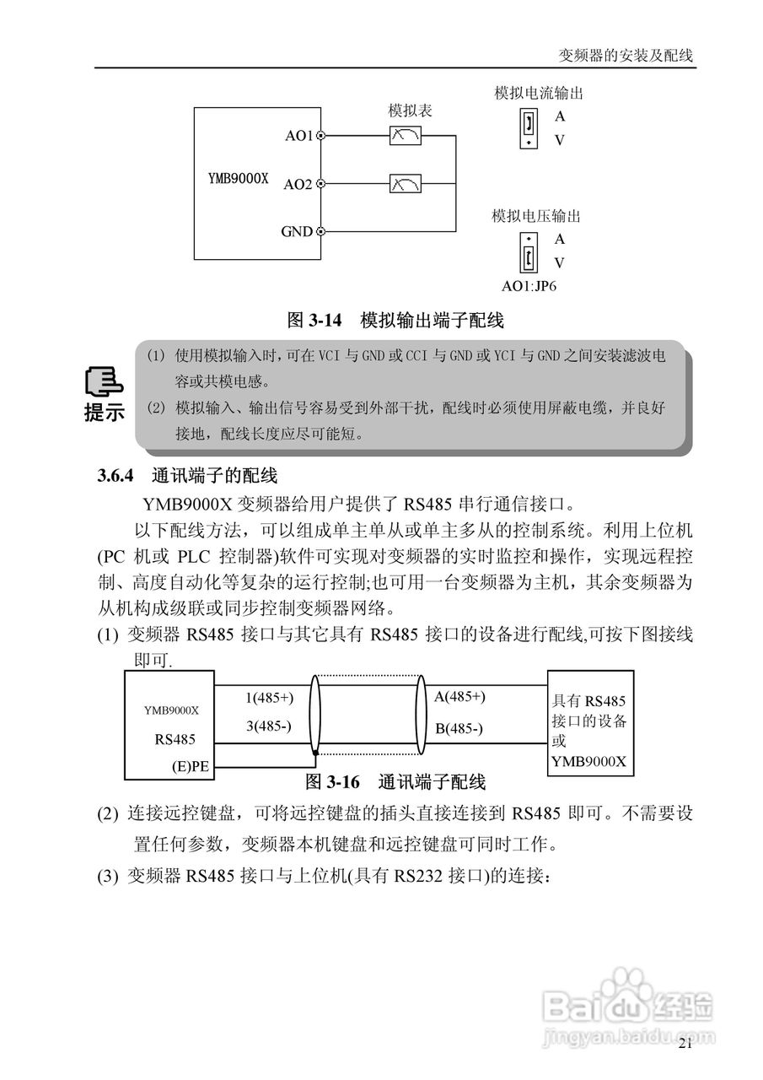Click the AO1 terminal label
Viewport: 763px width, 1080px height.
[x=298, y=135]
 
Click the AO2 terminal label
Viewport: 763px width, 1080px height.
[x=298, y=183]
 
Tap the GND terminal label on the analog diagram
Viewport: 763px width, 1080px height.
[x=297, y=231]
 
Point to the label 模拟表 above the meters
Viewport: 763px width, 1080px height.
[x=411, y=111]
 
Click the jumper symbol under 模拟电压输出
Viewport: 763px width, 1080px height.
[x=528, y=251]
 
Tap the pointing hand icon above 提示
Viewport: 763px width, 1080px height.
[x=104, y=385]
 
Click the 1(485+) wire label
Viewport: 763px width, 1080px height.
[x=270, y=698]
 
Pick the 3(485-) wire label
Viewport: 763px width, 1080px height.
[x=269, y=726]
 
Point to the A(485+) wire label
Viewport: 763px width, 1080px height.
[x=459, y=697]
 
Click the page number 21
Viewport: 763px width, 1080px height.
[x=685, y=1045]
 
